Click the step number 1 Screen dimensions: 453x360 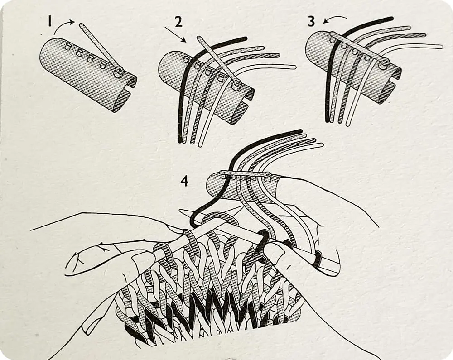50,21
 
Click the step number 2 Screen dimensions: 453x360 178,22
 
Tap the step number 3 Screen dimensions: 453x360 312,21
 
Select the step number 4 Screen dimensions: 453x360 184,181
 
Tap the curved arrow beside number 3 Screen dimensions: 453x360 335,19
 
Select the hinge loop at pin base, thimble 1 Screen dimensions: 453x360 118,73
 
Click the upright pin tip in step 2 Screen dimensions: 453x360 199,38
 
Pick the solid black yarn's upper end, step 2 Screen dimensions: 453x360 245,38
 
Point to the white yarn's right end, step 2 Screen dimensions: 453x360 294,67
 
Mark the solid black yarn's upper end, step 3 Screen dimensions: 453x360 391,19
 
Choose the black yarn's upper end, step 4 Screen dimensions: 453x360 300,131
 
